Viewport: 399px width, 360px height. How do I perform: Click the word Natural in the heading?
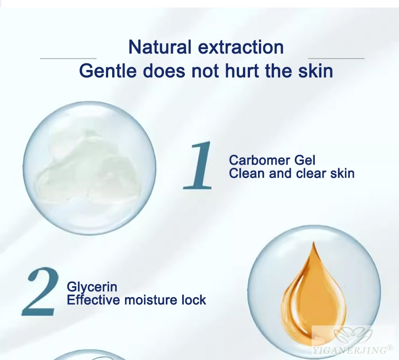(160, 47)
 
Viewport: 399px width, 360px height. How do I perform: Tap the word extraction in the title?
(241, 47)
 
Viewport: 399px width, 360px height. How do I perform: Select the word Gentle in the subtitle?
(108, 71)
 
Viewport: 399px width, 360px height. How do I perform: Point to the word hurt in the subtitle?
(242, 71)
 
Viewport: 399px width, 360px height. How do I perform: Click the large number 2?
(40, 291)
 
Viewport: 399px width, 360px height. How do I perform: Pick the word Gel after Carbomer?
(305, 160)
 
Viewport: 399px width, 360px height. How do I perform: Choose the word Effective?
(94, 300)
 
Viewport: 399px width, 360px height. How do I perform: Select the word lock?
(193, 300)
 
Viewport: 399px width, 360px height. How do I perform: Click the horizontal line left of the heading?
(68, 58)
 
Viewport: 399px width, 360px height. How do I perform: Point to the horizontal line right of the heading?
(336, 58)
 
